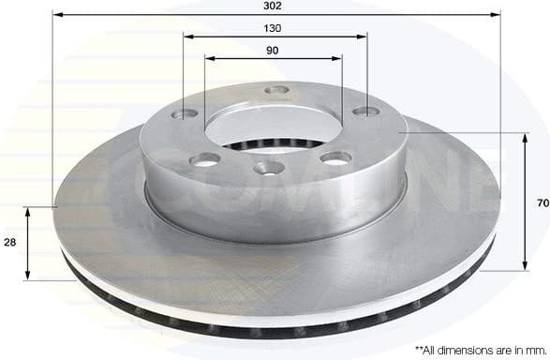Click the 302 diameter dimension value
pos(275,6)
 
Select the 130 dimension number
pos(275,27)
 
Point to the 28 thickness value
pos(9,242)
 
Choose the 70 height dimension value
pos(542,202)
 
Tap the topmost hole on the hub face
pos(275,91)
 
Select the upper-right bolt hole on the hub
pos(364,112)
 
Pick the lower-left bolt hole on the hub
pos(204,159)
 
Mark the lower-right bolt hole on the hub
pos(335,157)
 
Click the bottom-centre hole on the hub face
pos(270,169)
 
